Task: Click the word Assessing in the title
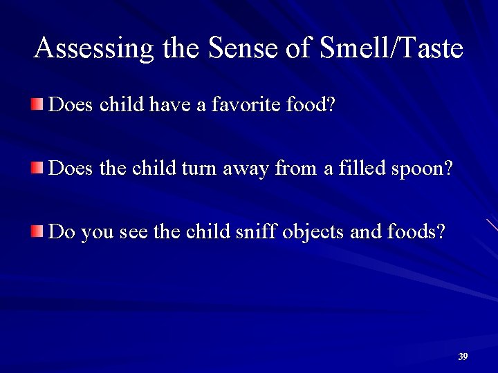(95, 48)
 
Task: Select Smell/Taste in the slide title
(391, 48)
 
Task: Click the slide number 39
(463, 356)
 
